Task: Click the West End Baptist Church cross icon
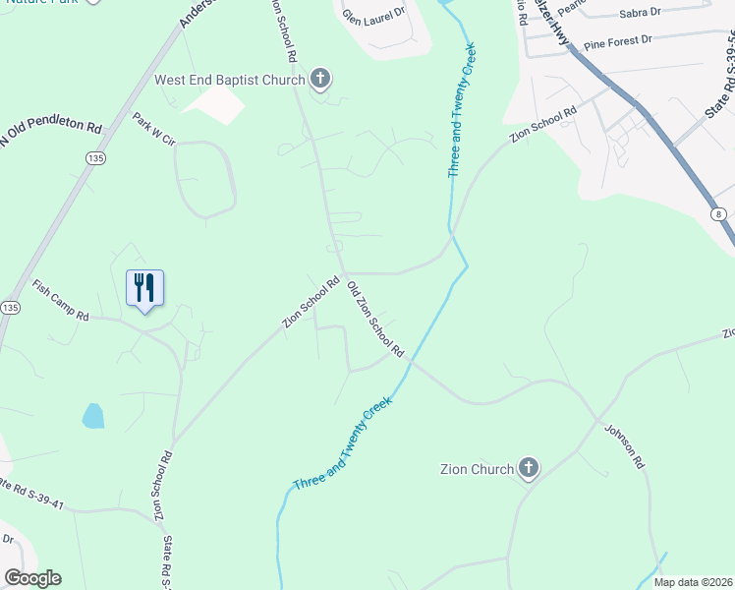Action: (x=321, y=79)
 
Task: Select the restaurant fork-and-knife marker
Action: (x=145, y=288)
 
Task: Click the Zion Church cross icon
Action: (x=529, y=468)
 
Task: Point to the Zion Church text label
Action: (x=478, y=469)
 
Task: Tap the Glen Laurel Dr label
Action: (x=373, y=15)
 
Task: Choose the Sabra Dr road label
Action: (x=640, y=14)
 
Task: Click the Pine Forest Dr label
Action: (x=618, y=42)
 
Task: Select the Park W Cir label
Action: (x=153, y=129)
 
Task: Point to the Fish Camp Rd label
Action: (x=61, y=301)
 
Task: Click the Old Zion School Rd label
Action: (x=376, y=320)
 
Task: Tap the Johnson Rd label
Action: (x=623, y=445)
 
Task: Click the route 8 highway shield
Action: (x=718, y=213)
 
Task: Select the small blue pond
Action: (x=92, y=416)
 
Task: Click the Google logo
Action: (x=32, y=578)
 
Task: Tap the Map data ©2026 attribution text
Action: (x=692, y=582)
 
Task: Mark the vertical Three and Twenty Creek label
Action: (x=462, y=109)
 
